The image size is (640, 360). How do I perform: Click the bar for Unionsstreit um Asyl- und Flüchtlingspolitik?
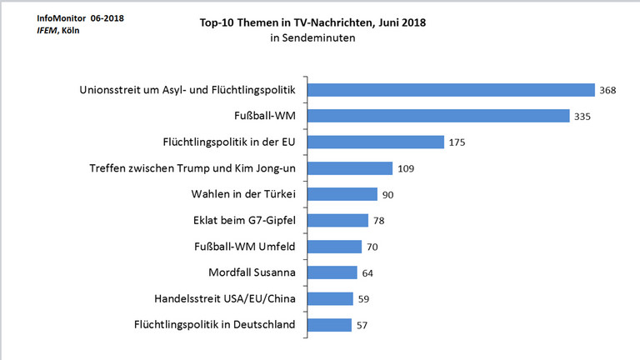tap(450, 90)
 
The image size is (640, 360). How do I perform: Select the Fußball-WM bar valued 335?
tap(437, 116)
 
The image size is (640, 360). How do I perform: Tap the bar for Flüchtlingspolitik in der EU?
tap(376, 142)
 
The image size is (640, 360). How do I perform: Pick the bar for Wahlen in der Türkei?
tap(342, 194)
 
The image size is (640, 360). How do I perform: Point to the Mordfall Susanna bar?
tap(332, 272)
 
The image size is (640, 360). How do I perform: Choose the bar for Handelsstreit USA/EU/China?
tap(331, 298)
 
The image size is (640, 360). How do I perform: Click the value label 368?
tap(607, 90)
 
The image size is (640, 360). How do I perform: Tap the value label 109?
tap(404, 168)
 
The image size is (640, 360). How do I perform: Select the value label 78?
tap(379, 221)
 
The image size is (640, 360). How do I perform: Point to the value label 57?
tap(362, 325)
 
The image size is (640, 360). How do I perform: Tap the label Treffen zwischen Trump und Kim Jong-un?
tap(192, 168)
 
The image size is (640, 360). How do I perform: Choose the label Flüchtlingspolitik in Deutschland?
tap(214, 325)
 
